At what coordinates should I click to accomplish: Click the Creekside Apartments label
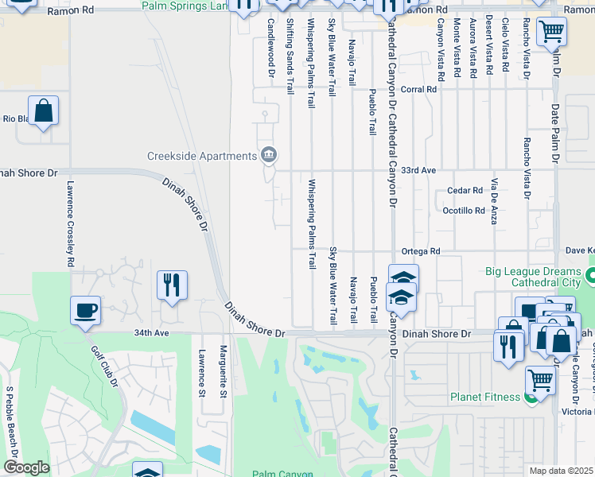coord(203,155)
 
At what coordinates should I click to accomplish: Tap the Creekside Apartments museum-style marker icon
coord(269,154)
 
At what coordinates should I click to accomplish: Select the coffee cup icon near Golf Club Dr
coord(86,311)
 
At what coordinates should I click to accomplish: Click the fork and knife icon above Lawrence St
coord(171,284)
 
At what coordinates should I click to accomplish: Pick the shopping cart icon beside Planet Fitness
coord(540,381)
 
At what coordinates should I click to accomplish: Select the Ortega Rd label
coord(421,251)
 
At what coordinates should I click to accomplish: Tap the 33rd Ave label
coord(418,170)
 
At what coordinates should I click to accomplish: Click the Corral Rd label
coord(419,90)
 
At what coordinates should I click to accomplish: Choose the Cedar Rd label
coord(465,191)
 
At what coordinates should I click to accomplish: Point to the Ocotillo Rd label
coord(464,210)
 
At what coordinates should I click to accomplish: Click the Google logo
coord(26,467)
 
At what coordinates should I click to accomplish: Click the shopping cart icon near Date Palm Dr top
coord(551,33)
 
